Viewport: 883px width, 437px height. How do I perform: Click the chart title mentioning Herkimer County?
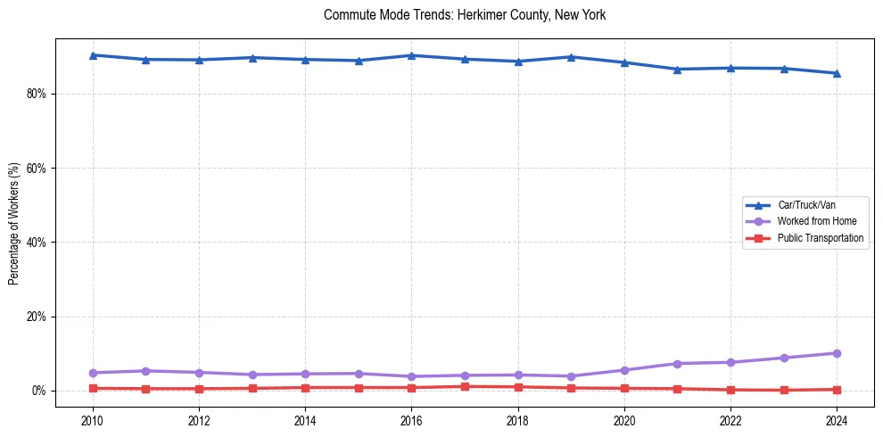[465, 15]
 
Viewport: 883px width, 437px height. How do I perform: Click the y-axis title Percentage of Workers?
[13, 223]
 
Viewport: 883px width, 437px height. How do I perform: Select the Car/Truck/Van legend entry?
[806, 205]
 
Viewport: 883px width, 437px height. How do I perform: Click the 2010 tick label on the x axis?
[92, 419]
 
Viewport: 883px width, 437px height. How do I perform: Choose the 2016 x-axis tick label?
[411, 419]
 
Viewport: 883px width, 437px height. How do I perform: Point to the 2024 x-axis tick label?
[837, 419]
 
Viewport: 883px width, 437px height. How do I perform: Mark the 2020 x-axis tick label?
[624, 419]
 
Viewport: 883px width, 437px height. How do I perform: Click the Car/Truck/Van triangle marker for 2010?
[92, 55]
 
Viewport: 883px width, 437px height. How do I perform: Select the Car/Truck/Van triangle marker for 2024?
[837, 73]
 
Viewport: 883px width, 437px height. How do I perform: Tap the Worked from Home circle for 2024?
[837, 353]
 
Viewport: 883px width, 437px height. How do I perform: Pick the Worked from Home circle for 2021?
[677, 364]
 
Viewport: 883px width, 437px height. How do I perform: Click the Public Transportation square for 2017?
[465, 386]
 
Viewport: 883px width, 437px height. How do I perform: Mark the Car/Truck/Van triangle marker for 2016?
[411, 55]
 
